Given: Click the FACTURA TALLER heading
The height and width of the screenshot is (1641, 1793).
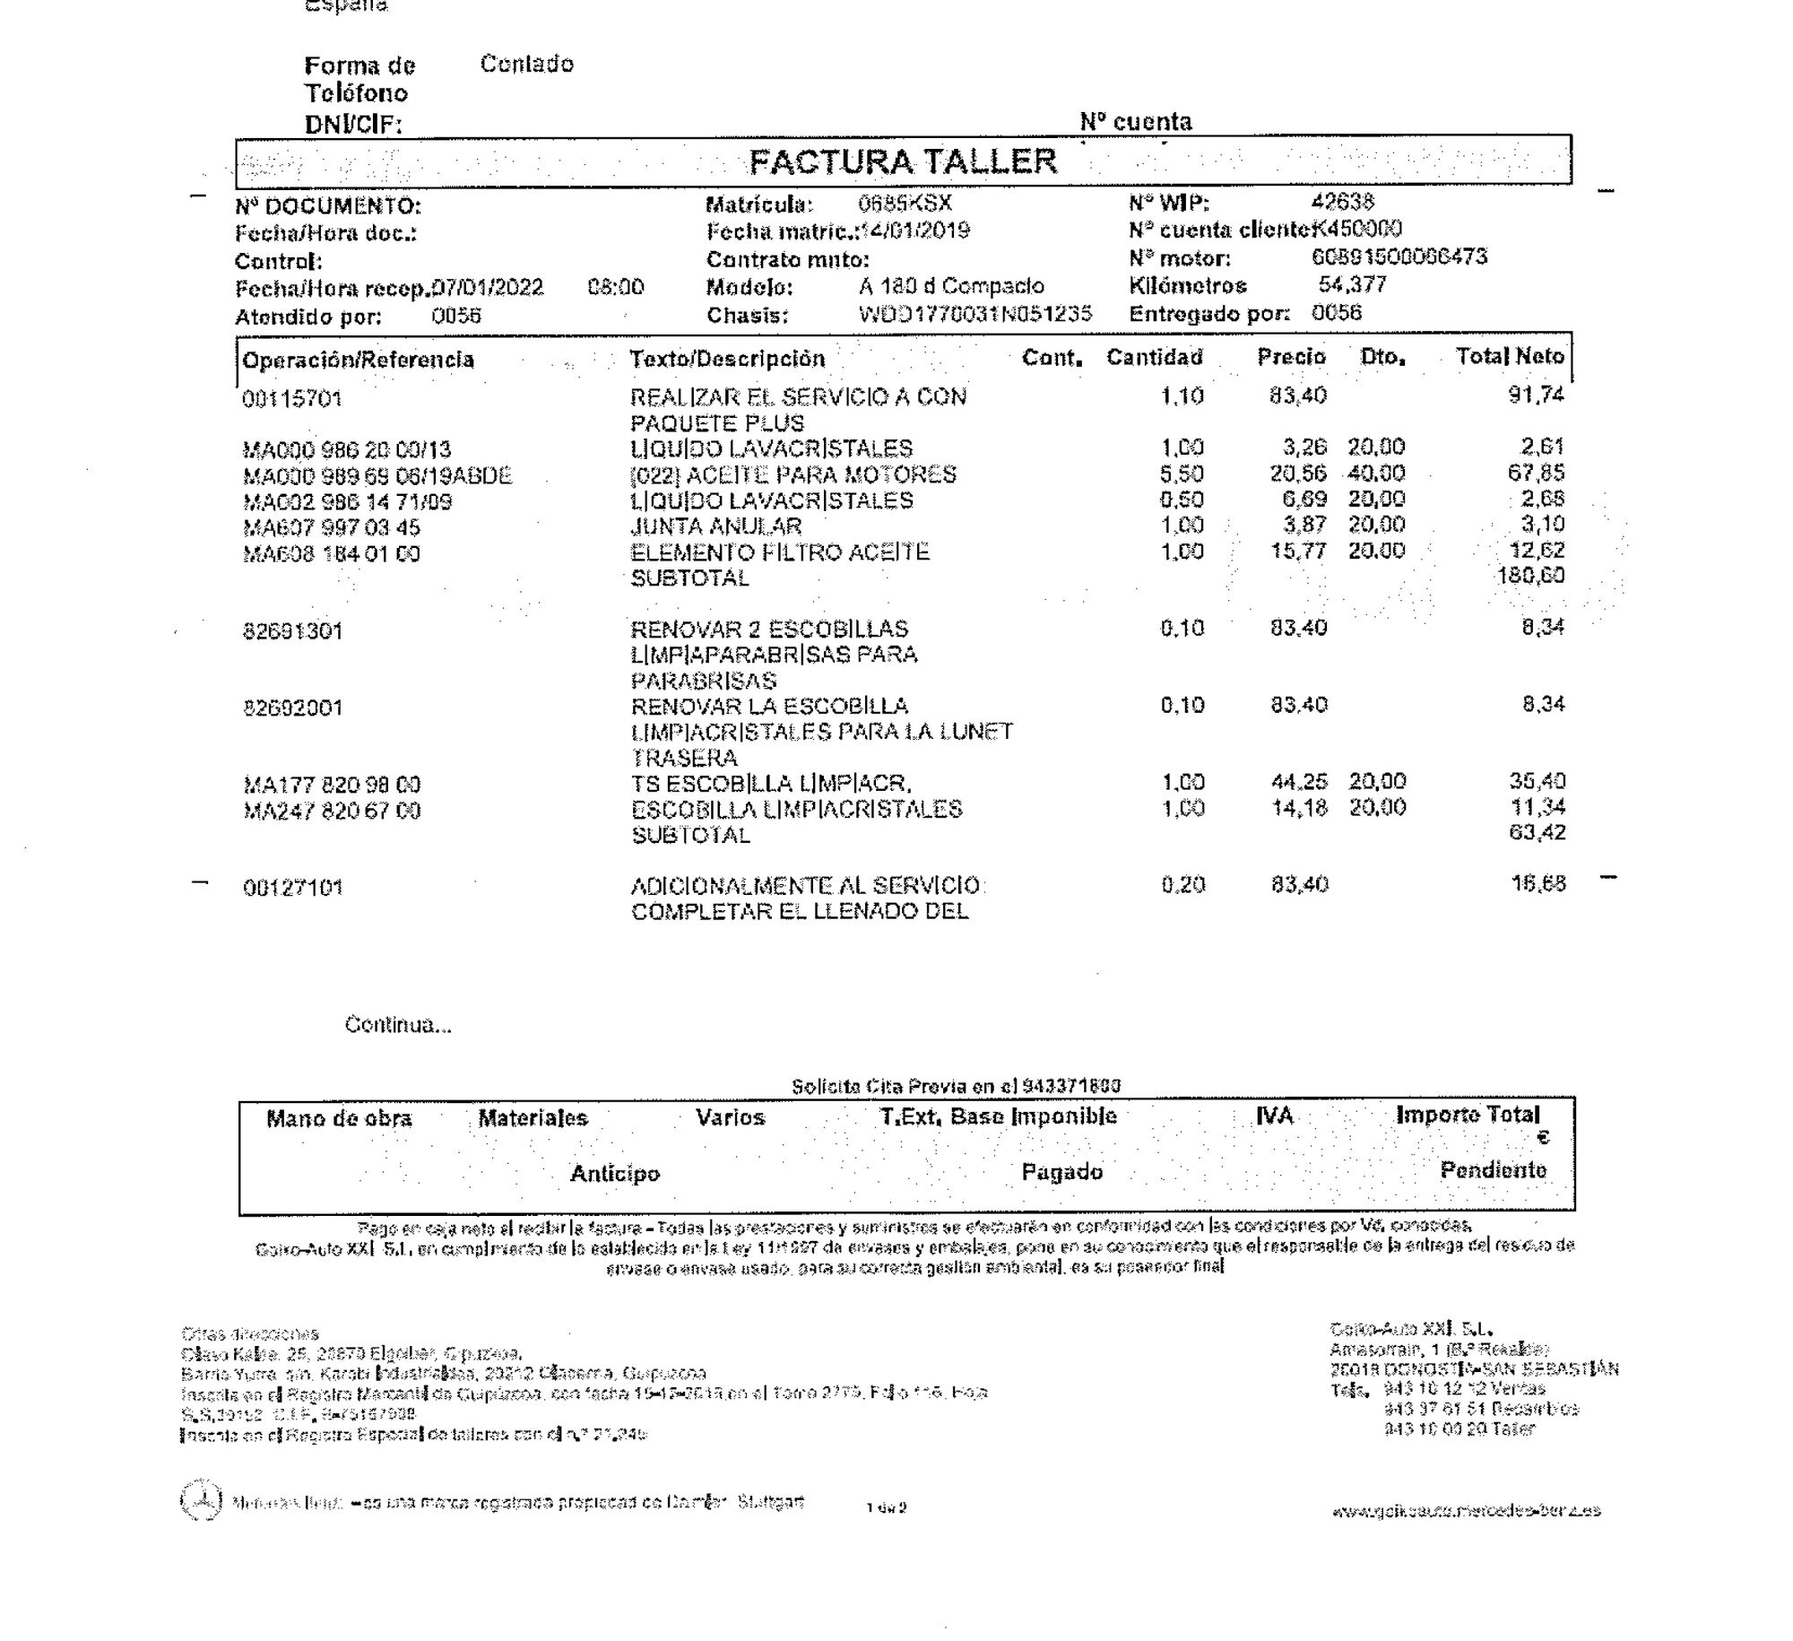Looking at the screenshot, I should pos(903,161).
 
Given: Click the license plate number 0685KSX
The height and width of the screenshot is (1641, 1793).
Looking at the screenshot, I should pos(905,204).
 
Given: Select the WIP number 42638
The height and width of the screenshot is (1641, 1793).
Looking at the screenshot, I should pos(1342,202).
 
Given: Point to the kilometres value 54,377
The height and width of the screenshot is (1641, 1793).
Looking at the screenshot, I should pos(1352,285).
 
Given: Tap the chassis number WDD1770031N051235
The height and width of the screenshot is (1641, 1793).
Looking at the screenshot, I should pos(974,314).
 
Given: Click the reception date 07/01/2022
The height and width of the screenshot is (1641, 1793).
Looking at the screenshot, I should pos(488,288).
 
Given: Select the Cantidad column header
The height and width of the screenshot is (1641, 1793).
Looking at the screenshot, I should pos(1154,358).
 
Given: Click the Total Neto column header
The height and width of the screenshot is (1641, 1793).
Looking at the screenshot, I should pos(1510,357).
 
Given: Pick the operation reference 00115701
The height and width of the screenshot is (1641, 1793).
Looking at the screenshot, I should pos(292,399).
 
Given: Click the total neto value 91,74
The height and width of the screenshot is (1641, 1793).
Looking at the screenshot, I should pos(1537,395).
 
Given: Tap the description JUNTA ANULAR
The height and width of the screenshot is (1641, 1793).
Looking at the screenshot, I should pos(715,526).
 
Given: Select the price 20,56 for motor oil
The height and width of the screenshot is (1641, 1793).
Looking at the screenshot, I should pos(1298,473).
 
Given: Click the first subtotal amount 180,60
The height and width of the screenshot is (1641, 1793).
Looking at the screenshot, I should pos(1531,575).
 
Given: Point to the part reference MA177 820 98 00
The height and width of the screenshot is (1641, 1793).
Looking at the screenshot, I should pos(332,786).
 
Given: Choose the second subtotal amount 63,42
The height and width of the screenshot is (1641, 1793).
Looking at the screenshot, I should pos(1537,832).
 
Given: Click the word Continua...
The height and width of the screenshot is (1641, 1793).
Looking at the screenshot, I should pos(398,1025).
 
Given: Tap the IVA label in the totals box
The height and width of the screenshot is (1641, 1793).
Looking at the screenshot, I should pos(1274,1116).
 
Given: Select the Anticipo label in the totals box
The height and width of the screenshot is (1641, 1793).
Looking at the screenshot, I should pos(615,1174).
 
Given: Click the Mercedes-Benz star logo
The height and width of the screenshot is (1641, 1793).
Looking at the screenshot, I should pos(201,1500).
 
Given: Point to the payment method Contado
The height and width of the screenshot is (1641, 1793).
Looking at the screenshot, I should pos(527,64).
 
